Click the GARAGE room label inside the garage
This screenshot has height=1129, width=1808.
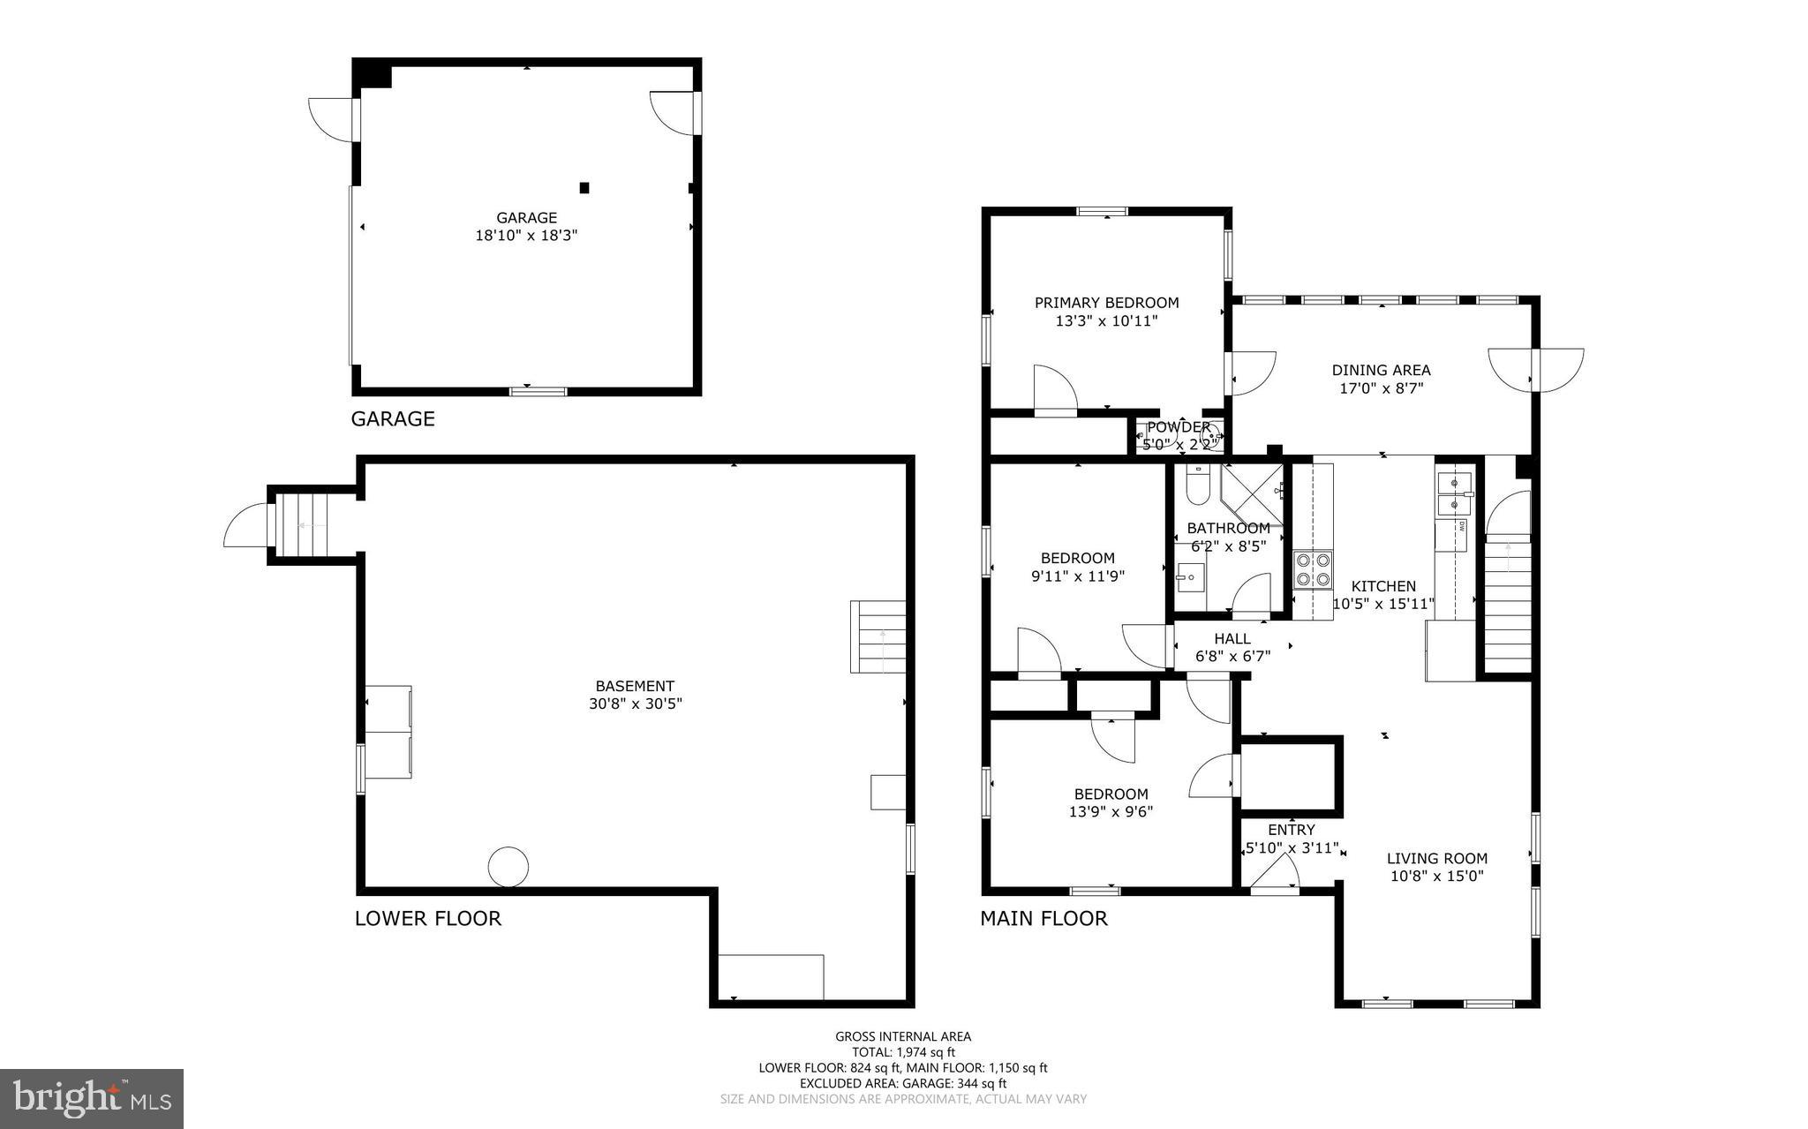526,217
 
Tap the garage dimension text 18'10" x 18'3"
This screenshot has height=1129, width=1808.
526,236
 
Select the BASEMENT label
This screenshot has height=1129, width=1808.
635,686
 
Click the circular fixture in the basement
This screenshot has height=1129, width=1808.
508,866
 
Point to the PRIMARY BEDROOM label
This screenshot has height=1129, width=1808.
1106,303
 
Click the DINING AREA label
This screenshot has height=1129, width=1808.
1381,370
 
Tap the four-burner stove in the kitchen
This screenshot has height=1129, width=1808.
1313,569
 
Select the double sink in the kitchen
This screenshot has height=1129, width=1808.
1455,493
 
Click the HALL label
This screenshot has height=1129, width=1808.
1232,638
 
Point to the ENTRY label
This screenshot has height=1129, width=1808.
1291,830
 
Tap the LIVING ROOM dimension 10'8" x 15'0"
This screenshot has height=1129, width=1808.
1436,877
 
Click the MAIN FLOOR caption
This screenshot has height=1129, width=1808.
1043,918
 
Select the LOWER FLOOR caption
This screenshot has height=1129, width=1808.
428,918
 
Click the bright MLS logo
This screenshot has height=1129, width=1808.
92,1098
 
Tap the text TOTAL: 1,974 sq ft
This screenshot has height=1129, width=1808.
902,1052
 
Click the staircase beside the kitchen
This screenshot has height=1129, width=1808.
1507,609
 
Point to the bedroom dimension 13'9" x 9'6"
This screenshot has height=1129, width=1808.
1111,812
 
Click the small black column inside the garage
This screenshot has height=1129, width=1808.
584,187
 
